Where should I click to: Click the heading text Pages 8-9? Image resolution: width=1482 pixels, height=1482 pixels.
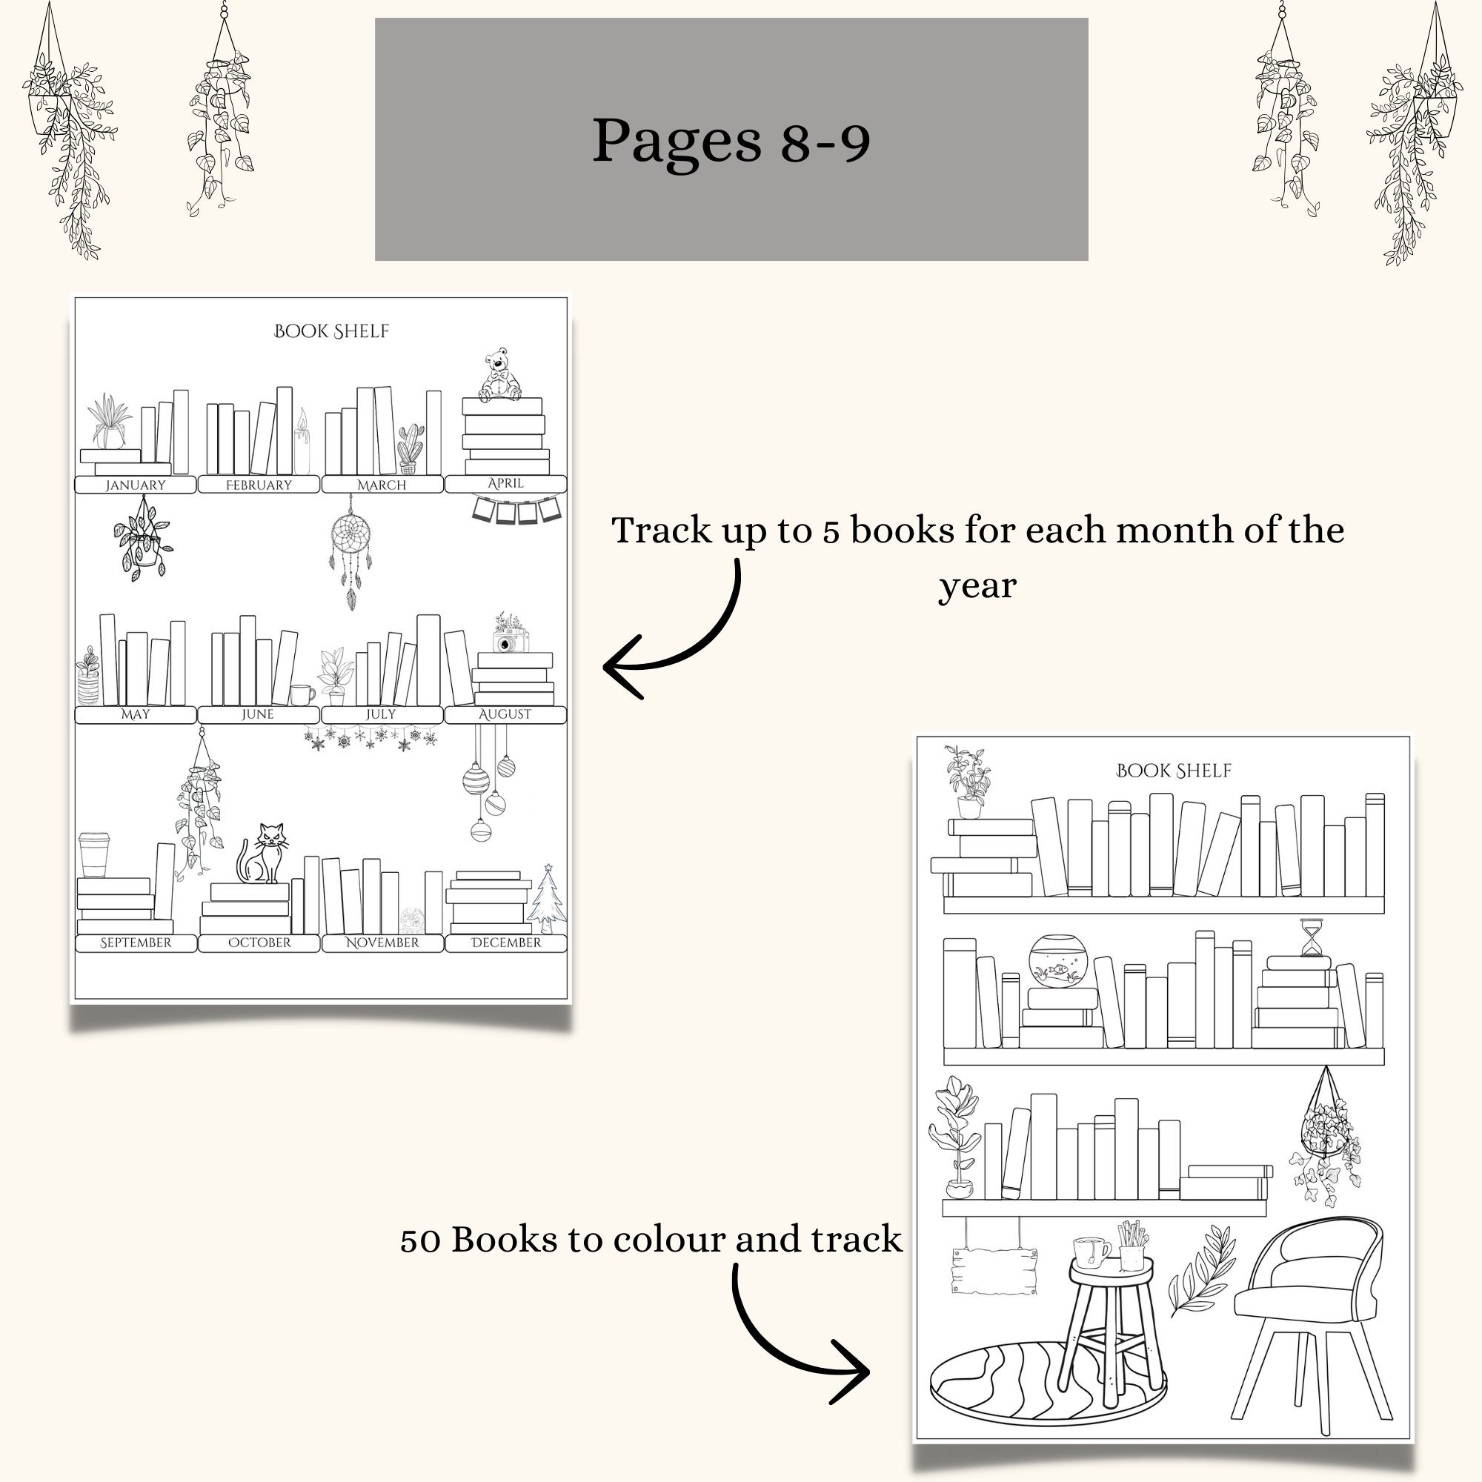pos(731,140)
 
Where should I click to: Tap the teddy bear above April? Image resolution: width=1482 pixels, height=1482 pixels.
pos(499,375)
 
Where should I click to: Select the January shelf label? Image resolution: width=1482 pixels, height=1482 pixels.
pos(135,485)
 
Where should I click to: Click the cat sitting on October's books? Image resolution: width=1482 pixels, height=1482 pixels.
pos(263,854)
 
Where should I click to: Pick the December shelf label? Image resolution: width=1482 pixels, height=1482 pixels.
pos(505,943)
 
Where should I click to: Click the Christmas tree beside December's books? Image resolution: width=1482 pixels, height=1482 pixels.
pos(548,899)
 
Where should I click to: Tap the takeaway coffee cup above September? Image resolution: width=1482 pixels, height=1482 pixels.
pos(93,854)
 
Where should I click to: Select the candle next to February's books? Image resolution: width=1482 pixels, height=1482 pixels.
pos(302,443)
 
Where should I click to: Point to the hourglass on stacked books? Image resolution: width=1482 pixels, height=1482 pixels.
pos(1311,937)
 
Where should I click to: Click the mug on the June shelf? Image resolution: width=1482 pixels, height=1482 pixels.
pos(302,694)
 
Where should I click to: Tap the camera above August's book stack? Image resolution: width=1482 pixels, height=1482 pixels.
pos(510,640)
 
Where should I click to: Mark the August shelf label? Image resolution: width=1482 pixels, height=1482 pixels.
pos(505,714)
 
